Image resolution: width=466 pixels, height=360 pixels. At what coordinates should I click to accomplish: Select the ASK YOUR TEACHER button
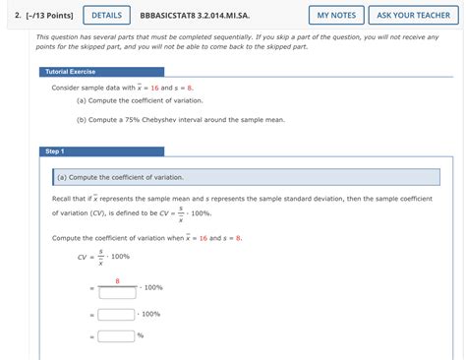[413, 15]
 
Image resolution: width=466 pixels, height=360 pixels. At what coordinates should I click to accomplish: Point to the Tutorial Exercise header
[70, 72]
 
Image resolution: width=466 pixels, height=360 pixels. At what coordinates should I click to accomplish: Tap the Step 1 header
[54, 151]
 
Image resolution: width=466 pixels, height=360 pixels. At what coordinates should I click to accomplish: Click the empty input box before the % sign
[115, 335]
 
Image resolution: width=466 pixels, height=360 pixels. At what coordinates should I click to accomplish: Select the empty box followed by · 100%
[117, 314]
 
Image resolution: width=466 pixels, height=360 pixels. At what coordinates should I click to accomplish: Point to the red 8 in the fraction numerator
[117, 280]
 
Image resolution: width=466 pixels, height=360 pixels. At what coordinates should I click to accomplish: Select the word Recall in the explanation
[65, 198]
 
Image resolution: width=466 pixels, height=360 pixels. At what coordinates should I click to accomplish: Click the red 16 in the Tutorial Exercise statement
[154, 88]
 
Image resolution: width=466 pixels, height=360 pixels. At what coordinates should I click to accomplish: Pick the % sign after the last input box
[141, 335]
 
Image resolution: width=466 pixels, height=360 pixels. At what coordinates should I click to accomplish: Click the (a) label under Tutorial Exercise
[83, 101]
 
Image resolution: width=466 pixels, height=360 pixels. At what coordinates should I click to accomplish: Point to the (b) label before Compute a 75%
[83, 119]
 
